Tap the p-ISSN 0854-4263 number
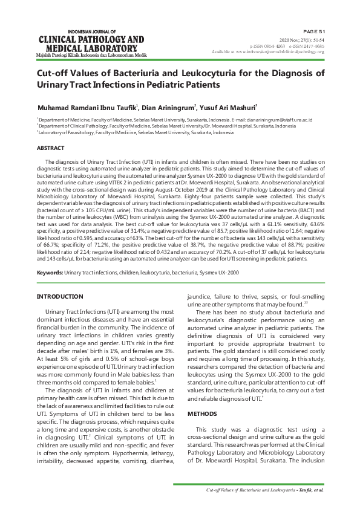(x=269, y=46)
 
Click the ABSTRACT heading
(x=51, y=148)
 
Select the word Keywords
(x=50, y=273)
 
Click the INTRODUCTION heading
(x=60, y=296)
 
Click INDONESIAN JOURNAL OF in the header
(x=91, y=30)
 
